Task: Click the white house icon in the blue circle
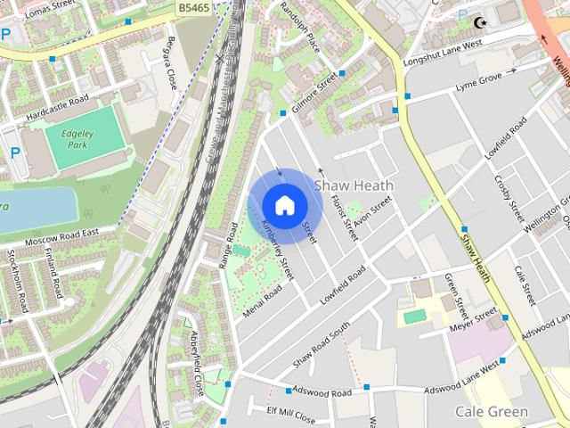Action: (x=284, y=205)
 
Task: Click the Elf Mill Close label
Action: (x=291, y=416)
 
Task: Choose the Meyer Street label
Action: (x=475, y=320)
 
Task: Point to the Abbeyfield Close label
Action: (x=195, y=360)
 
